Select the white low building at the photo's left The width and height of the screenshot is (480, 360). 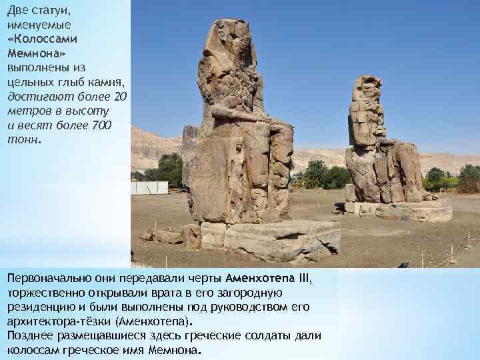pyautogui.click(x=149, y=188)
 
